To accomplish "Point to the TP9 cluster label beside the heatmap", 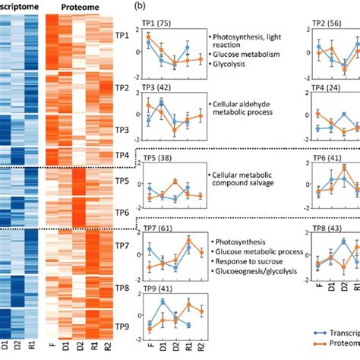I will [118, 326].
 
